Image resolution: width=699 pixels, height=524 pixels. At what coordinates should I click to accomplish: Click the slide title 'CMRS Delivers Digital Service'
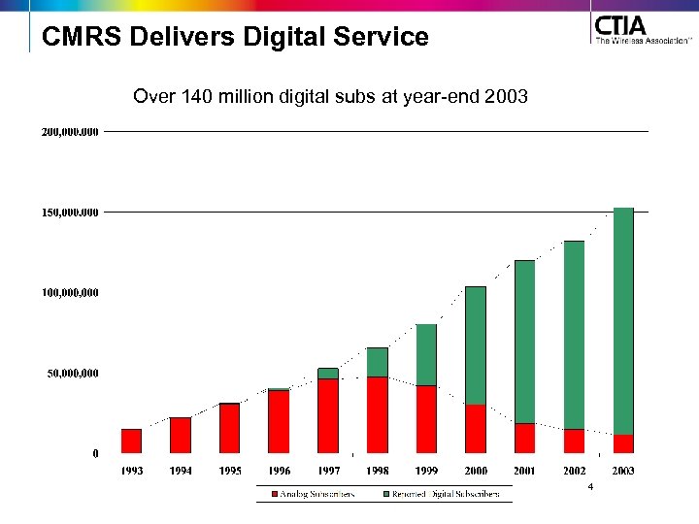[x=235, y=38]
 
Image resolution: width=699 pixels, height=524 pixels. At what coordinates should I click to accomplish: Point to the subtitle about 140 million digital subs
[x=330, y=97]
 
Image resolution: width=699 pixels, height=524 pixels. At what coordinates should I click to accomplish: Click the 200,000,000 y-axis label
[x=70, y=131]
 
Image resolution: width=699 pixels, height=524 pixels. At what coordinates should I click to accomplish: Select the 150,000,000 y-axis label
[x=70, y=212]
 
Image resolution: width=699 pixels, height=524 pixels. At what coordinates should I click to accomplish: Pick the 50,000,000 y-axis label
[x=73, y=373]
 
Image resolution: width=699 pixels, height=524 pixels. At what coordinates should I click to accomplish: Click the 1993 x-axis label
[x=132, y=471]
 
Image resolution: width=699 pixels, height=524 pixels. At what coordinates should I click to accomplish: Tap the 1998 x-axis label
[x=378, y=471]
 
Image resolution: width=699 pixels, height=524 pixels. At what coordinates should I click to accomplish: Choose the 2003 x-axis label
[x=623, y=471]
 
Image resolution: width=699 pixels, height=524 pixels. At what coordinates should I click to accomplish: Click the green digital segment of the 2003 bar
[x=623, y=320]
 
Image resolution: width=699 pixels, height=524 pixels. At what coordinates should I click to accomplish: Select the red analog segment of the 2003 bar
[x=623, y=443]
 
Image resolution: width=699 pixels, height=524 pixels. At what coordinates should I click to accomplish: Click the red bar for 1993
[x=131, y=441]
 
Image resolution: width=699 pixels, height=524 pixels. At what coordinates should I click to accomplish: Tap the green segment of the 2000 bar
[x=476, y=344]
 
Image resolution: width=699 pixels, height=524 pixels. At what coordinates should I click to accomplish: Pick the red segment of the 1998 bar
[x=378, y=414]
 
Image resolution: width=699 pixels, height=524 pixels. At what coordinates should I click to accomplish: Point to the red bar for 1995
[x=230, y=428]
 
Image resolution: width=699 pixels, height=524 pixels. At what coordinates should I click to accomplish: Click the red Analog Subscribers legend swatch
[x=276, y=494]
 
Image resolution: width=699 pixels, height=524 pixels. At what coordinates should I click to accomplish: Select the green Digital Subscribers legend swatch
[x=386, y=494]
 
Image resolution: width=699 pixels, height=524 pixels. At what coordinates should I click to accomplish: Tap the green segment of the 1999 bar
[x=426, y=354]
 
